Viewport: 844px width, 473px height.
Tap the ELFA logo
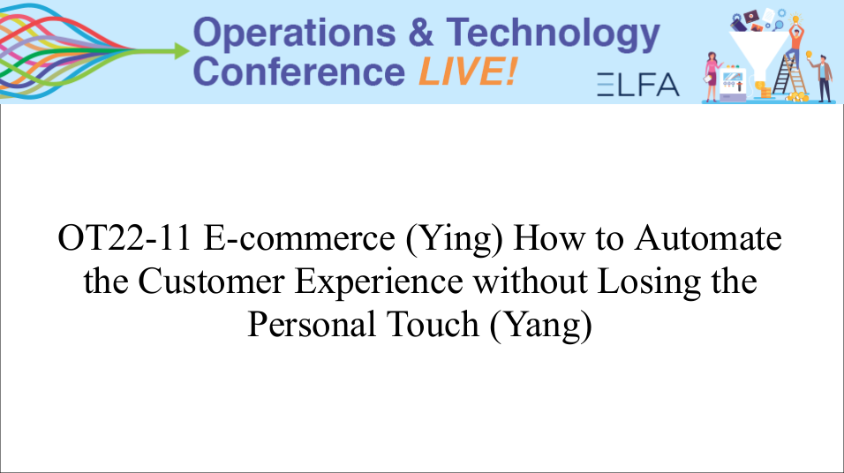coord(637,85)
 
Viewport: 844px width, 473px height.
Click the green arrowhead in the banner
coord(181,51)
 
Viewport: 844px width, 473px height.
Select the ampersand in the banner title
coord(421,33)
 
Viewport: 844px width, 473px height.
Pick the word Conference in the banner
coord(298,71)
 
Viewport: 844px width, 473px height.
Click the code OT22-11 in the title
coord(124,238)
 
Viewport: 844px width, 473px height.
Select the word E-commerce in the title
coord(299,238)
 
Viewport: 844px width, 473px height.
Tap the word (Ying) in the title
coord(455,239)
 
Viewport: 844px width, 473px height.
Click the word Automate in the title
coord(708,238)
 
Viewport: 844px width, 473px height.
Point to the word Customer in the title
coord(212,281)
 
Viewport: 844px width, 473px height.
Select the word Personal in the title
coord(312,324)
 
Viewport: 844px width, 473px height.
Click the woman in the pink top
coord(712,77)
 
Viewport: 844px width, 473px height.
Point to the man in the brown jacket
coord(823,78)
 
